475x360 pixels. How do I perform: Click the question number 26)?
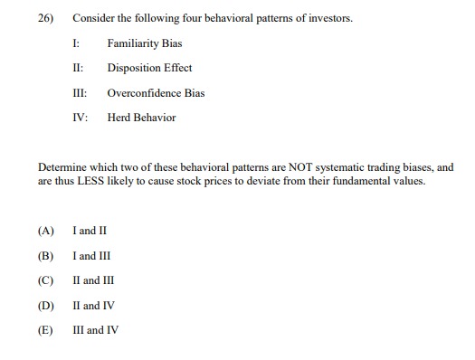46,18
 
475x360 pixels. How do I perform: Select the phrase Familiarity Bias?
145,43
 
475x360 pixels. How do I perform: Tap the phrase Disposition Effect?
149,68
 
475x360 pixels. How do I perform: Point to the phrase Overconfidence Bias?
156,93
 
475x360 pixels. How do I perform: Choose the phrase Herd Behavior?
141,118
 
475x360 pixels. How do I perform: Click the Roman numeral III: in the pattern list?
80,93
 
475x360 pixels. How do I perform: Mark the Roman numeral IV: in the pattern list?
80,118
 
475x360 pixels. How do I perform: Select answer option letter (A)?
46,231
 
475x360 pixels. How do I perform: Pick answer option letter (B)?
46,256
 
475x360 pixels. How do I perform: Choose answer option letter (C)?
46,280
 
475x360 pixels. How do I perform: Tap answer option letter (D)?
46,306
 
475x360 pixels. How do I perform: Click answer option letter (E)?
46,330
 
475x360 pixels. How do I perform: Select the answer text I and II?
95,231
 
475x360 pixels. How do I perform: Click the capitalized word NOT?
271,167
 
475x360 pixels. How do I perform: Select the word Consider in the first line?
92,18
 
